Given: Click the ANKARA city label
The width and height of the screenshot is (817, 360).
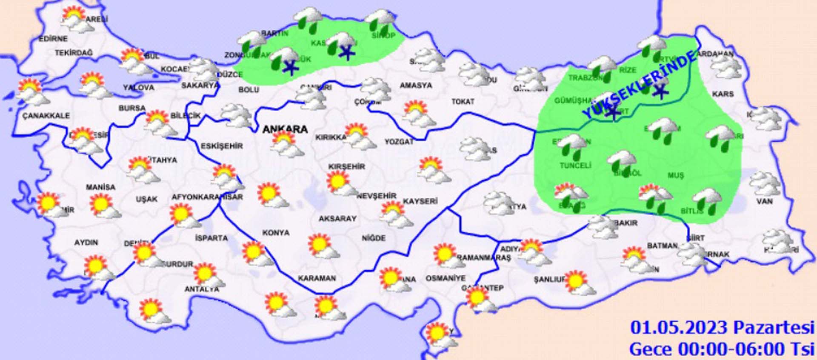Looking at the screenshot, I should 285,129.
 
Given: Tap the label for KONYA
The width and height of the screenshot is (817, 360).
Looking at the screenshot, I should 276,233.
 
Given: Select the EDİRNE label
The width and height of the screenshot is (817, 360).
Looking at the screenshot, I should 53,39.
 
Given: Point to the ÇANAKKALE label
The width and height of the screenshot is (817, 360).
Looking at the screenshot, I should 46,116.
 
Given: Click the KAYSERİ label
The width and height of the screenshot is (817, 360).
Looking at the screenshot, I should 420,201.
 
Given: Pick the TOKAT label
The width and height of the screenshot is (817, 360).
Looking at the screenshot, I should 463,102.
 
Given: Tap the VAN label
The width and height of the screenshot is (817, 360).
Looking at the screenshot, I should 764,201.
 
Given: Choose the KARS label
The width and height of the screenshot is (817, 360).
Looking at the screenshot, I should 723,94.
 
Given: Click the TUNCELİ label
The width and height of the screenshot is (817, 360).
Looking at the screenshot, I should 575,166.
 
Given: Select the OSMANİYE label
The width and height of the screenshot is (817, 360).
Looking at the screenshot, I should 446,278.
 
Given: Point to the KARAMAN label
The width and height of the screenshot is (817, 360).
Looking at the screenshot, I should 317,278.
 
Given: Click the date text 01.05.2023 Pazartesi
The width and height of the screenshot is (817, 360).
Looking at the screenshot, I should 722,328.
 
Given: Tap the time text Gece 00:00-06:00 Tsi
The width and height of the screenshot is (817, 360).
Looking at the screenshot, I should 722,349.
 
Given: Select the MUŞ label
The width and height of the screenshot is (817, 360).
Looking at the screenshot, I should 676,175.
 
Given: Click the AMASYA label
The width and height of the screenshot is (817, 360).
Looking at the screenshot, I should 416,86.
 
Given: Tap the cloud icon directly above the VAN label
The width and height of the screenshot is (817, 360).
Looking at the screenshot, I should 764,184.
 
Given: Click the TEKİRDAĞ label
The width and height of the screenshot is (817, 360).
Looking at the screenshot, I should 73,53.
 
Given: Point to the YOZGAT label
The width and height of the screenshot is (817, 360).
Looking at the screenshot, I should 399,142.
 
